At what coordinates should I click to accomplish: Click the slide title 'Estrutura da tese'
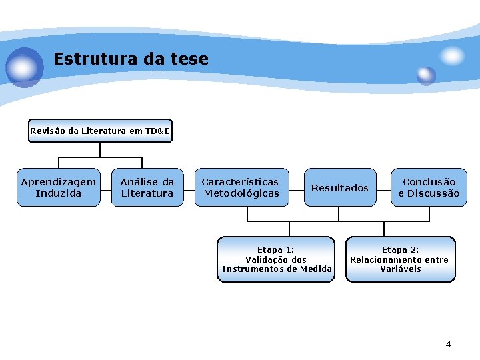pos(131,59)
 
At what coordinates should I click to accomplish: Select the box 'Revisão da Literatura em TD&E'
pos(100,131)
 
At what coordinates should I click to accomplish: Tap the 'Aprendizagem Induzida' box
pos(59,187)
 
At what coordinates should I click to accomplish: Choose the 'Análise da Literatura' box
pos(147,187)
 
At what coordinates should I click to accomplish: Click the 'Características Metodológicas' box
pos(241,187)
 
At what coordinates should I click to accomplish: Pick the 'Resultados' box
pos(339,188)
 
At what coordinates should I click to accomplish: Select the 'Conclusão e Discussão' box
pos(429,187)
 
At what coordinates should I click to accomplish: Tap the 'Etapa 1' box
pos(276,259)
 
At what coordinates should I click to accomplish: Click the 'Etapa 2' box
pos(400,259)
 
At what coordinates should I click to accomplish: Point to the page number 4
pos(448,344)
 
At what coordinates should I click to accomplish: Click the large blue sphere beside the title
pos(24,67)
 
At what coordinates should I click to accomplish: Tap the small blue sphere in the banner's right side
pos(426,75)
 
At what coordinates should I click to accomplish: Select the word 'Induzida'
pos(59,193)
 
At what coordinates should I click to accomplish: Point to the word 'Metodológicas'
pos(241,193)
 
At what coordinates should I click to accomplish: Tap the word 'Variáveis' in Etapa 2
pos(401,269)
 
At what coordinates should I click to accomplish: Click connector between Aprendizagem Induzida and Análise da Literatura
pos(105,188)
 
